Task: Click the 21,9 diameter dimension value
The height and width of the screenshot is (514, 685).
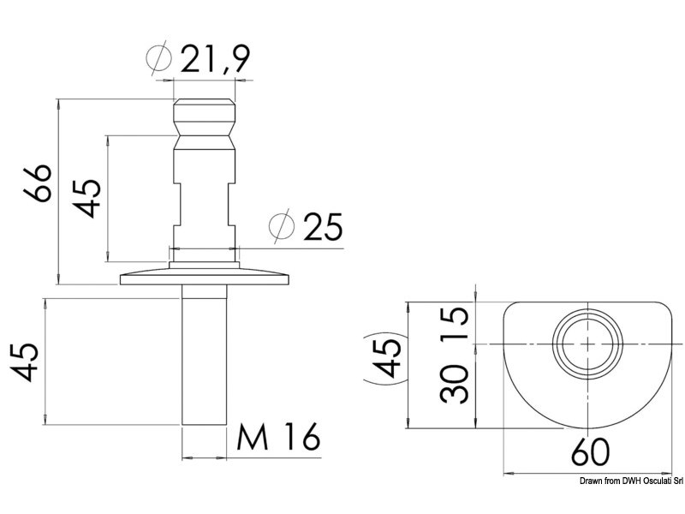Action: point(215,58)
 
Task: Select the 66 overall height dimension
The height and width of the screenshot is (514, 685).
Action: point(38,183)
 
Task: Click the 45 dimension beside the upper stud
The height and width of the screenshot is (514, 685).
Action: point(86,198)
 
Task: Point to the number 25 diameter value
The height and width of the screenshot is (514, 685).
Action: point(324,226)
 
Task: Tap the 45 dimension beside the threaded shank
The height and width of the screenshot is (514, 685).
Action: point(25,362)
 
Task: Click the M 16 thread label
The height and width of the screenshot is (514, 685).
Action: point(278,437)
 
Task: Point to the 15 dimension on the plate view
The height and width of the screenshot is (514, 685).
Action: point(455,323)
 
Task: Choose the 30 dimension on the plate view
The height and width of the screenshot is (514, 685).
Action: point(455,384)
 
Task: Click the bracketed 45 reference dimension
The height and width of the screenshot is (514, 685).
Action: point(387,358)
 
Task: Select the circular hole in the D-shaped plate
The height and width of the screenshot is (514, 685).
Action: point(587,344)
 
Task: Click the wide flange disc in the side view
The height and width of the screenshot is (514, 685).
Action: point(205,278)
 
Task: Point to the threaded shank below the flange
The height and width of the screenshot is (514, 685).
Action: point(205,355)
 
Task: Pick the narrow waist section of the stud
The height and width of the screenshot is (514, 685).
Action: point(205,205)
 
